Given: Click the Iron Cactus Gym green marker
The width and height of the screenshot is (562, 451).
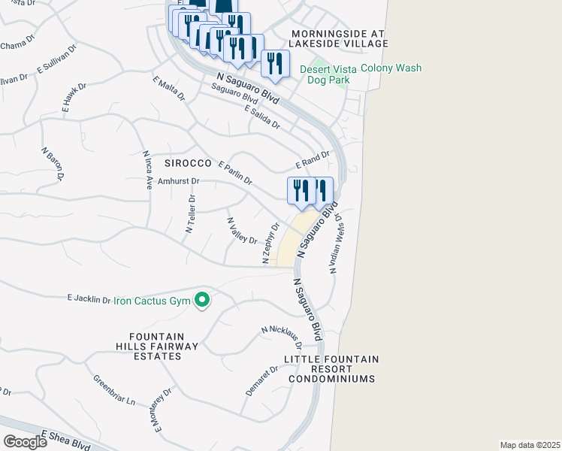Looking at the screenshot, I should coord(201,301).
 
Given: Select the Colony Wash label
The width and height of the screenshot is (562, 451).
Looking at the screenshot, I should coord(391,68).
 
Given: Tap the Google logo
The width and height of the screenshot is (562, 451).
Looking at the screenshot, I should coord(25,442).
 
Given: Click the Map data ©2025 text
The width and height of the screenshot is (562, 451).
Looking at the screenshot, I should coord(530,444).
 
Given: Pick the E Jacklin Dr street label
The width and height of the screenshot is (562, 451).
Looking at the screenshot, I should coord(89,298).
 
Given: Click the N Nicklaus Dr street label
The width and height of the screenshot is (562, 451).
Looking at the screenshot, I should coord(282,337).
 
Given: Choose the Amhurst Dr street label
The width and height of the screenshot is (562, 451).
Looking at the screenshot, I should coord(178,181).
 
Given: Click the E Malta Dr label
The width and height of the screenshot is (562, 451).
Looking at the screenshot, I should coord(168,88).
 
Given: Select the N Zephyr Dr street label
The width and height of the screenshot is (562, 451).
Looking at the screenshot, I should coord(271,242).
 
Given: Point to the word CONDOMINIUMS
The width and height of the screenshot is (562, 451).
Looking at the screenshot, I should coord(332,379).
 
